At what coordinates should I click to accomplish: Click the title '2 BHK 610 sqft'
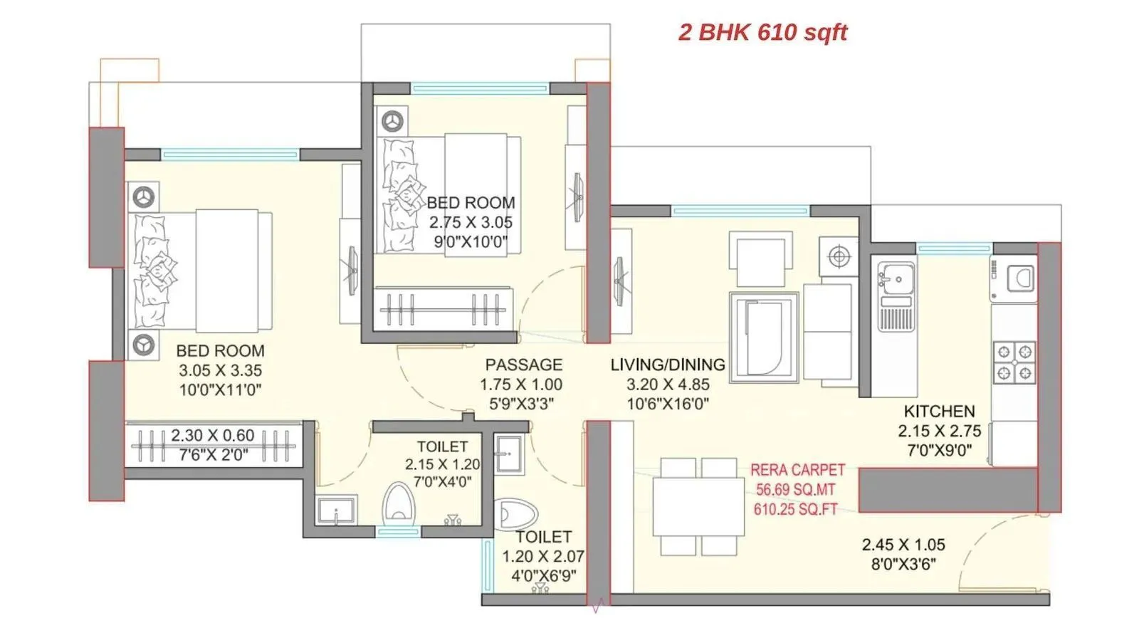pyautogui.click(x=762, y=32)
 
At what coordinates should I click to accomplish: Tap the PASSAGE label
pyautogui.click(x=523, y=365)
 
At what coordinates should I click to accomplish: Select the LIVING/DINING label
pyautogui.click(x=667, y=365)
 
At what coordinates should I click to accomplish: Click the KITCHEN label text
pyautogui.click(x=939, y=412)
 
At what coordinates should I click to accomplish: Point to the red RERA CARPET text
pyautogui.click(x=797, y=470)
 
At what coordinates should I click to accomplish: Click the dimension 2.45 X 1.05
pyautogui.click(x=903, y=545)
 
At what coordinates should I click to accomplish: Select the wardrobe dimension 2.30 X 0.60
pyautogui.click(x=212, y=435)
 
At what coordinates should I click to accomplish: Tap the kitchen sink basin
pyautogui.click(x=896, y=278)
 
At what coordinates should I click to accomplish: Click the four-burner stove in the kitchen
pyautogui.click(x=1014, y=362)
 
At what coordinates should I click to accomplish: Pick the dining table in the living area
pyautogui.click(x=698, y=506)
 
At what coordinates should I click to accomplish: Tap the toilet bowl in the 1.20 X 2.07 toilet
pyautogui.click(x=515, y=513)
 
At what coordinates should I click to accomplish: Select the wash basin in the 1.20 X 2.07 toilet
pyautogui.click(x=510, y=454)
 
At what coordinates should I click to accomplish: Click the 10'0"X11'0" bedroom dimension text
pyautogui.click(x=220, y=389)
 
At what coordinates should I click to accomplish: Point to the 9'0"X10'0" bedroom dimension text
pyautogui.click(x=470, y=241)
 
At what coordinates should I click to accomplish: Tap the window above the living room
pyautogui.click(x=740, y=211)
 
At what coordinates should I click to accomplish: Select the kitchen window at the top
pyautogui.click(x=954, y=249)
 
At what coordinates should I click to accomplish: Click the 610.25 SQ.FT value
pyautogui.click(x=795, y=509)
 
